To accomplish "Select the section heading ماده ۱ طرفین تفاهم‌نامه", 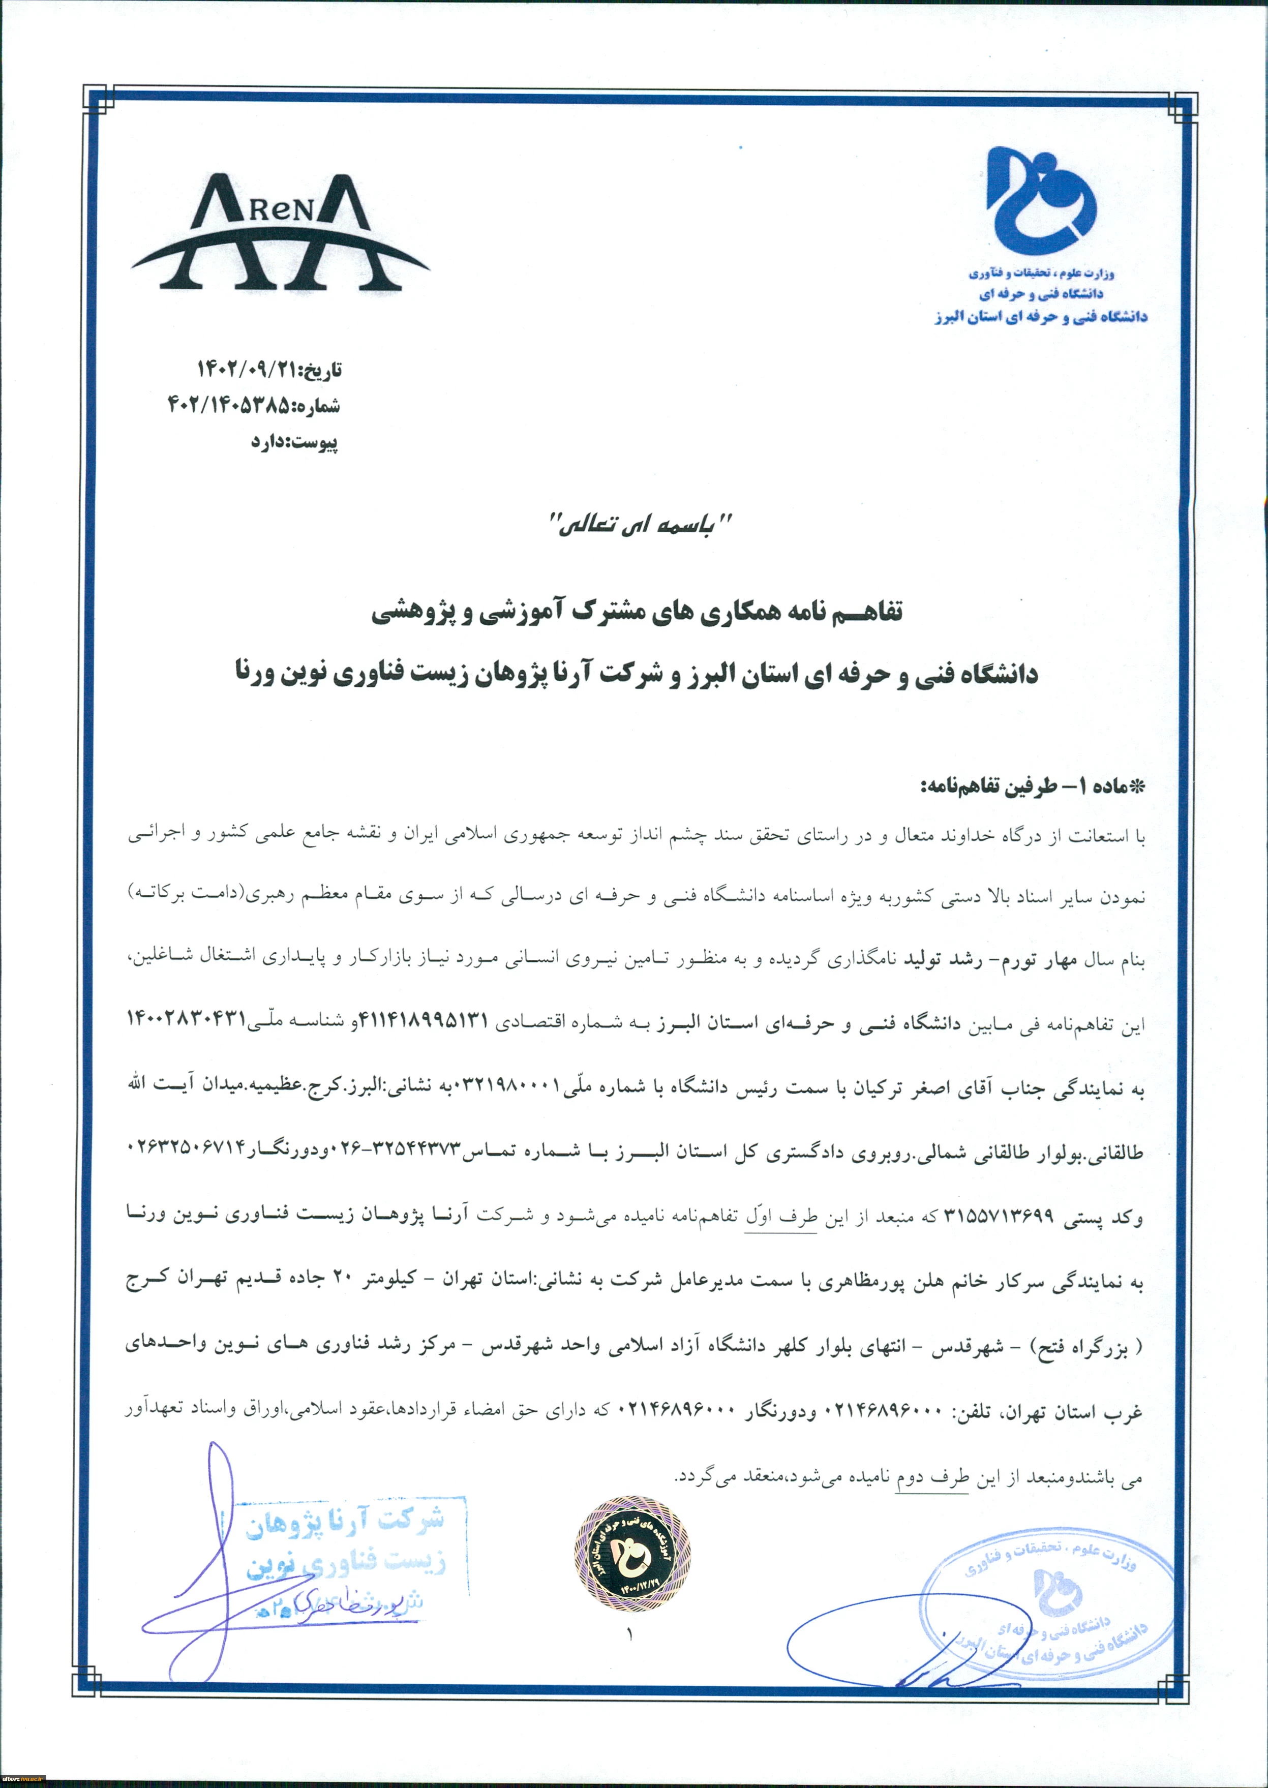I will point(1034,786).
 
